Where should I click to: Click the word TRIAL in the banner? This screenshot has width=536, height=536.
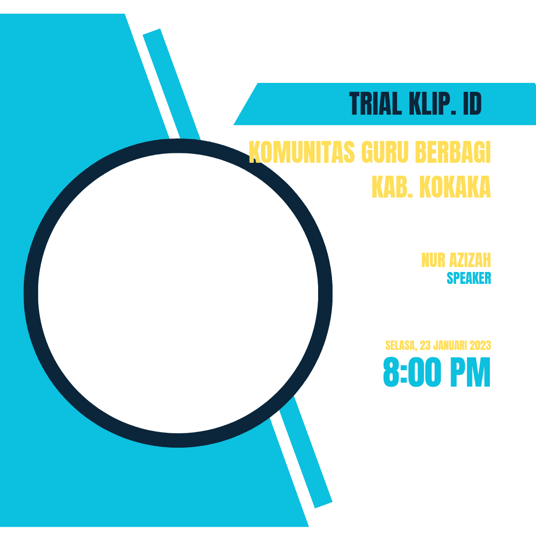pyautogui.click(x=375, y=104)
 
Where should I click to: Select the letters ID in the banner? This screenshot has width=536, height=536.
pyautogui.click(x=472, y=104)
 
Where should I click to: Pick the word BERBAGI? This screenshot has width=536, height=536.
pyautogui.click(x=453, y=152)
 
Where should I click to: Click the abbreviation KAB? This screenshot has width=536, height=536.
pyautogui.click(x=392, y=187)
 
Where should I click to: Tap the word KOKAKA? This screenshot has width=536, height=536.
pyautogui.click(x=455, y=187)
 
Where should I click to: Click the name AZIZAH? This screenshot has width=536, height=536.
pyautogui.click(x=470, y=260)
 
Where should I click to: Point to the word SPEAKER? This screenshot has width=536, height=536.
pyautogui.click(x=469, y=278)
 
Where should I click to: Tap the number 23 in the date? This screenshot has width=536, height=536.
pyautogui.click(x=425, y=345)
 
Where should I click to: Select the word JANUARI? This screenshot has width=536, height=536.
pyautogui.click(x=450, y=345)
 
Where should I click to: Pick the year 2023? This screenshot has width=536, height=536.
pyautogui.click(x=480, y=345)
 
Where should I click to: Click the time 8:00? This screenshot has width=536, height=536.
pyautogui.click(x=412, y=372)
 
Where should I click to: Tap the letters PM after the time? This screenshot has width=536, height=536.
pyautogui.click(x=470, y=372)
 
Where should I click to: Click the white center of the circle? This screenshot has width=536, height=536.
pyautogui.click(x=178, y=293)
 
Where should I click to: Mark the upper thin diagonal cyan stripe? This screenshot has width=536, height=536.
pyautogui.click(x=171, y=84)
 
